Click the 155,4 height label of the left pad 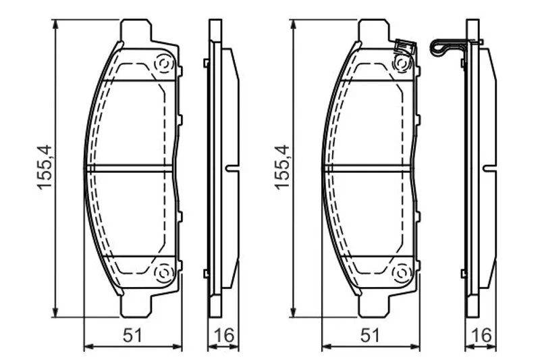[x=45, y=168]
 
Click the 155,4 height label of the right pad [x=282, y=168]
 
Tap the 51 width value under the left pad [x=132, y=335]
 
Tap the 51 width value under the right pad [x=370, y=335]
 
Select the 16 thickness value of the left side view [x=224, y=335]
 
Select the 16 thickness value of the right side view [x=481, y=335]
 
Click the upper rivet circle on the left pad [x=163, y=64]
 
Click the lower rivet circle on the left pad [x=163, y=273]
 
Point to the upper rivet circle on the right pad [x=401, y=64]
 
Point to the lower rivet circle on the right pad [x=401, y=273]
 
